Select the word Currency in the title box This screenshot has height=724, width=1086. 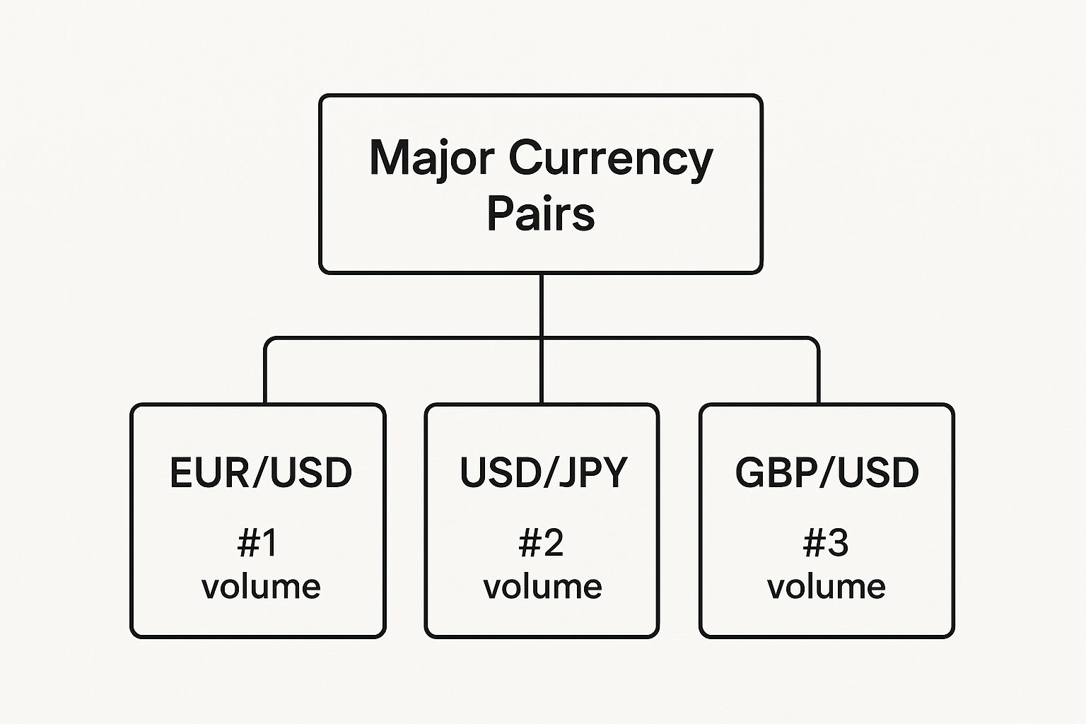[x=610, y=159]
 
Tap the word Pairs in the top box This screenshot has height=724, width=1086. [x=541, y=214]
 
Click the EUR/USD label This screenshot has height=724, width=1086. [x=260, y=473]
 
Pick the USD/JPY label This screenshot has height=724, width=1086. [x=543, y=473]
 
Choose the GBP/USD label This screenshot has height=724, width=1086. [x=827, y=473]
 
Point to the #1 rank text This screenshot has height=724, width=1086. [x=258, y=543]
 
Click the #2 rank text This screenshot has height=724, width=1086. [x=542, y=543]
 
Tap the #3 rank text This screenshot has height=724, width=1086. [x=826, y=543]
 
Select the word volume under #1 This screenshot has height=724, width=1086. [x=261, y=587]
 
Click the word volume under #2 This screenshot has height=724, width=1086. [x=542, y=587]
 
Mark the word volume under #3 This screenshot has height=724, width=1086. [x=827, y=587]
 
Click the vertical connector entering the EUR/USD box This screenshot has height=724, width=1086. [x=265, y=375]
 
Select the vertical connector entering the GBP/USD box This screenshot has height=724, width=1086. [x=819, y=375]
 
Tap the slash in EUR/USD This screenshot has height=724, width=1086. [x=260, y=473]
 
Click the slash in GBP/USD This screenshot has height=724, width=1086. [x=827, y=473]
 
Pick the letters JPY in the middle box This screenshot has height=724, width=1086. [x=593, y=473]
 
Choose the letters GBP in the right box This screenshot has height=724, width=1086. [x=775, y=473]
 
